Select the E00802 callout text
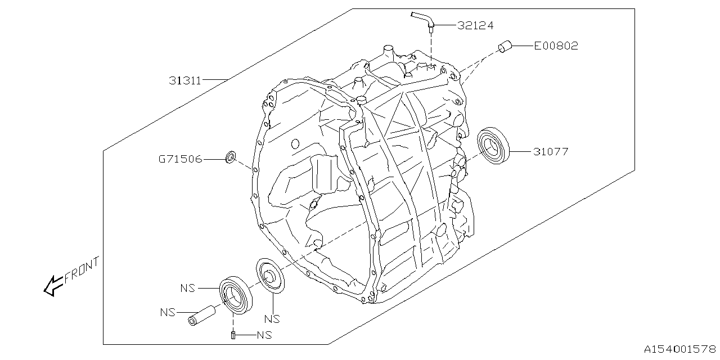[555, 46]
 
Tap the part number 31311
[185, 80]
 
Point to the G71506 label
[179, 160]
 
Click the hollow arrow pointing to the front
[52, 285]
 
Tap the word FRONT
[82, 270]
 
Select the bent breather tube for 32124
[424, 20]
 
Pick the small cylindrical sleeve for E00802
[505, 46]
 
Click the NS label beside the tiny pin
[264, 336]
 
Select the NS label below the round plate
[272, 319]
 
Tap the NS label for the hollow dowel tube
[167, 312]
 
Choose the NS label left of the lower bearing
[188, 288]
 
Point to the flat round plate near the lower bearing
[271, 276]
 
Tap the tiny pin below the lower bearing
[232, 336]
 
